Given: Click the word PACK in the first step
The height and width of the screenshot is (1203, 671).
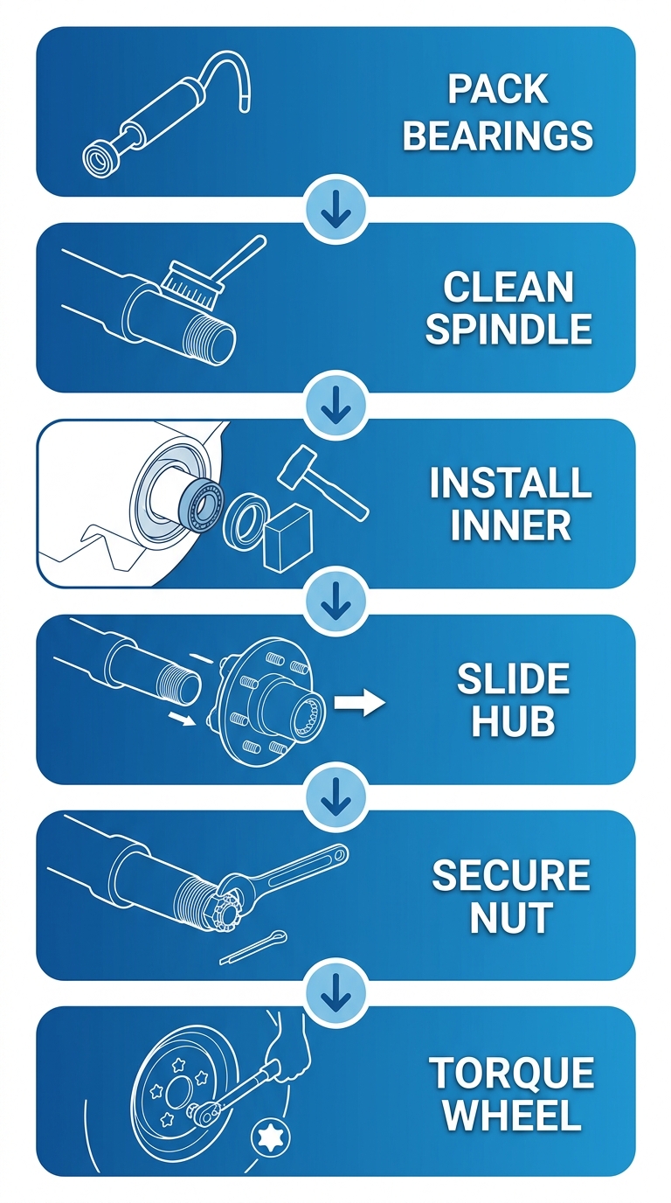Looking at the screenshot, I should pos(498,90).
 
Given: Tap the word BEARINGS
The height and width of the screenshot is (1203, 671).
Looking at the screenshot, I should pos(498,136).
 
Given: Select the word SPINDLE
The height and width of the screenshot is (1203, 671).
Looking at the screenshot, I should pos(508,330).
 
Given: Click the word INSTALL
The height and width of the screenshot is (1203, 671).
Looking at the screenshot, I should pos(510,483).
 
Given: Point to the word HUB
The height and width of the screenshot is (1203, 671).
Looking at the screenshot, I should pos(512,721).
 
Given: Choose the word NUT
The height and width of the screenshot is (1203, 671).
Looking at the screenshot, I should pos(511,918).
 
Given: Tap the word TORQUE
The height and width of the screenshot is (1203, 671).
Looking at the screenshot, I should pos(511,1073).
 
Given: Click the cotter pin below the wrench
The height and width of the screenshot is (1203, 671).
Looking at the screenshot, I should pos(253,947).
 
